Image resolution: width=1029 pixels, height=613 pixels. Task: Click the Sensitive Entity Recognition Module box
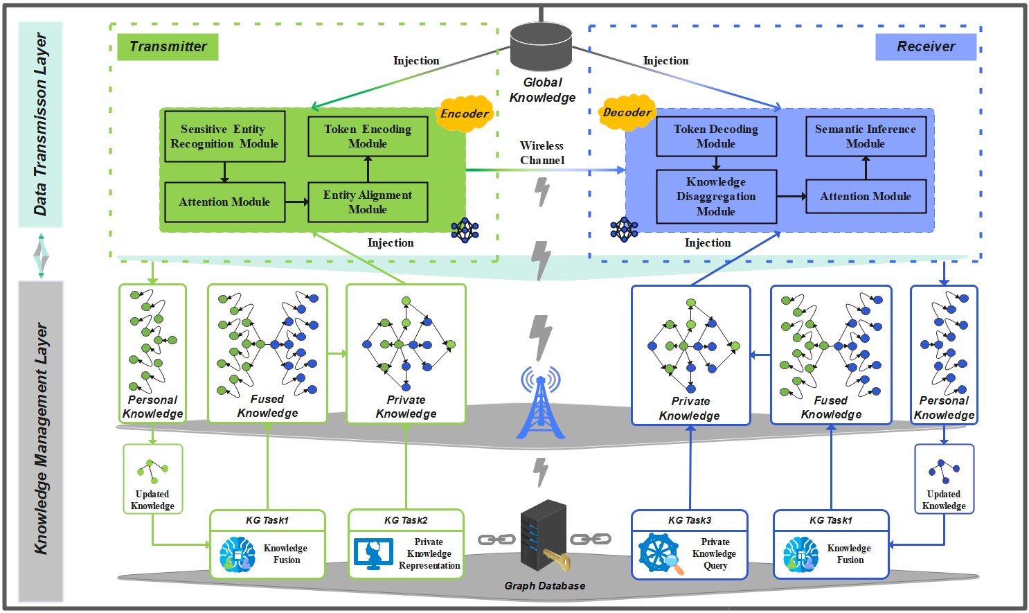224,136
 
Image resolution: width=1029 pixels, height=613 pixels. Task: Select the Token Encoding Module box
368,136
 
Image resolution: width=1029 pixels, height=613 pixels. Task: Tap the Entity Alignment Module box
368,202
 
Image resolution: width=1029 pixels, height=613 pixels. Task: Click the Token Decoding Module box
716,136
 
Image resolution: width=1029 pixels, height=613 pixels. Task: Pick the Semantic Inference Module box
866,136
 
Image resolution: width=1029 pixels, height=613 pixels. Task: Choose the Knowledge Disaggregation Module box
716,197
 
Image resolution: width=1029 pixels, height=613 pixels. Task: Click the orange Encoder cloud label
465,114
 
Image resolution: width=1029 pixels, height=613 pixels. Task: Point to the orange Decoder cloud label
627,112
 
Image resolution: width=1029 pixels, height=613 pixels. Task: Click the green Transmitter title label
168,47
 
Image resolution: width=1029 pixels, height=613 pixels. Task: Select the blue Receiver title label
926,47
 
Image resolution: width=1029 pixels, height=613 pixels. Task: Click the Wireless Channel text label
542,153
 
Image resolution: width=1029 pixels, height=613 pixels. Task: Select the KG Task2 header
406,520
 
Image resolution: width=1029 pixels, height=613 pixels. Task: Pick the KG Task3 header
690,520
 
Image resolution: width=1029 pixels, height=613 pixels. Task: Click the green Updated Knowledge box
153,479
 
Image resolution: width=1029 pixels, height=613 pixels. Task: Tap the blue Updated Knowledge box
944,479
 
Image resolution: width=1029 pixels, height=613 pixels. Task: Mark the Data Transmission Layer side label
41,125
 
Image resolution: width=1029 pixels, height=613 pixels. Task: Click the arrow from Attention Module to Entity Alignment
296,202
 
